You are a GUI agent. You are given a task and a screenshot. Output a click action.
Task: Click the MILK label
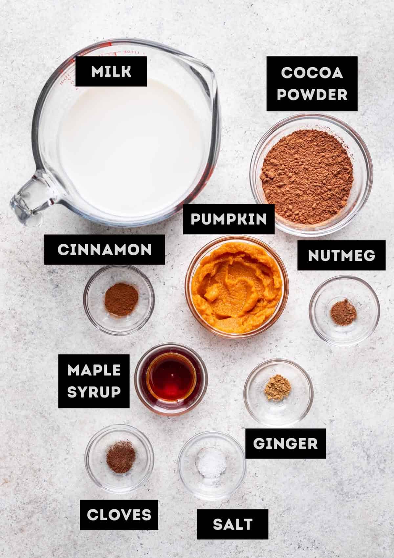(111, 71)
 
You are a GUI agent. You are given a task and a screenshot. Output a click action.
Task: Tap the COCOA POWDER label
(312, 84)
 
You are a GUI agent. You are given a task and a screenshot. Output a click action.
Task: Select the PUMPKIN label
(229, 219)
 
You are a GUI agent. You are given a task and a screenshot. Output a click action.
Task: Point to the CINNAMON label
(105, 249)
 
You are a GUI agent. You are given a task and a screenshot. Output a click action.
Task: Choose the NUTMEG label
(341, 255)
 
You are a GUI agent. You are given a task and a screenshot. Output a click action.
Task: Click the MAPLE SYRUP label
(94, 381)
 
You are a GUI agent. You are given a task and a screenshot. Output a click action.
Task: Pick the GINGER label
(285, 443)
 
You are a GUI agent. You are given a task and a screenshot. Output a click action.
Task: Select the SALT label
(232, 524)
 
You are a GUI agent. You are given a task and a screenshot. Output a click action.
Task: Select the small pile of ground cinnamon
(121, 299)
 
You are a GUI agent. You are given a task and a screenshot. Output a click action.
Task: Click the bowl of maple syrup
(171, 379)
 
